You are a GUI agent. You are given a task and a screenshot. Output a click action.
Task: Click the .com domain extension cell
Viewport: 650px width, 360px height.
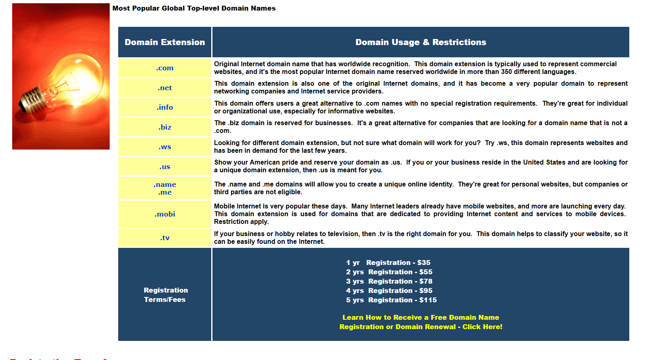tap(165, 68)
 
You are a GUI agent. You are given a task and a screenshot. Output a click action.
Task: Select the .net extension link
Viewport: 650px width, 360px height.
tap(165, 88)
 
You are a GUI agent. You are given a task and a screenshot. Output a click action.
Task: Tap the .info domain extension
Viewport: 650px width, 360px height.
tap(165, 107)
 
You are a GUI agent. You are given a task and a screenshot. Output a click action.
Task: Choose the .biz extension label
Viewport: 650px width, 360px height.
tap(165, 127)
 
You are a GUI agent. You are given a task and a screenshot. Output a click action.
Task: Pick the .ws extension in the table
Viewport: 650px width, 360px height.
tap(165, 147)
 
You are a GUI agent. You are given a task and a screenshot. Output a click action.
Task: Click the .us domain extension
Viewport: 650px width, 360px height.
tap(165, 167)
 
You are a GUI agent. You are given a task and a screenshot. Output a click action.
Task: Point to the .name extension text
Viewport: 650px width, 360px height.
tap(165, 184)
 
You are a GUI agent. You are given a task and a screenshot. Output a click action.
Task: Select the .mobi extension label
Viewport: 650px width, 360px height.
tap(165, 214)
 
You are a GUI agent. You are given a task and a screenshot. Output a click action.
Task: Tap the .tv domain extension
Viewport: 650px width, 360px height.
tap(165, 238)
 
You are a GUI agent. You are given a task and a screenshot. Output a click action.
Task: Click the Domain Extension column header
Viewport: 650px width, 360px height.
tap(165, 42)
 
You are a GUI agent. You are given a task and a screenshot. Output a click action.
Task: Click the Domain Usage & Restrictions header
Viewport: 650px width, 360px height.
tap(420, 42)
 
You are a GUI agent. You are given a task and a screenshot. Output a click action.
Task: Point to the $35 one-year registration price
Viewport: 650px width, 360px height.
tap(424, 262)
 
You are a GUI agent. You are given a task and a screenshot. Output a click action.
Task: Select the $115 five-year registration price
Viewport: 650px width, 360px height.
tap(428, 300)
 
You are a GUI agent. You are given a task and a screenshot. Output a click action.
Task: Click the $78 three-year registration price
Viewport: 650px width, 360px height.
tap(426, 281)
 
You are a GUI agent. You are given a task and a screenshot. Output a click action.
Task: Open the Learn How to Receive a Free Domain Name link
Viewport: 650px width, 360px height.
tap(420, 317)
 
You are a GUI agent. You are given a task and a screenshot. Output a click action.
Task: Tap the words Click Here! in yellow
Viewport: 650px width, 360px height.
tap(482, 327)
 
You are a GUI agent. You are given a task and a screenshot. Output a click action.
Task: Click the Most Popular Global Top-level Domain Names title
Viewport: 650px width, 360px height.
tap(194, 8)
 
